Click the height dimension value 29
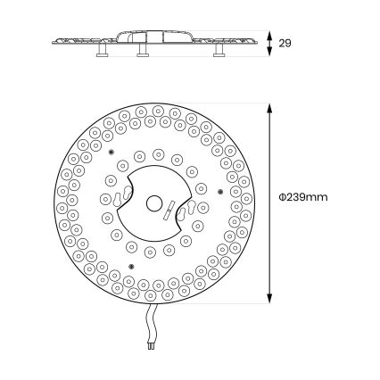pyautogui.click(x=285, y=44)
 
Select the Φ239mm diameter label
pyautogui.click(x=303, y=197)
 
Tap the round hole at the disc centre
pyautogui.click(x=154, y=203)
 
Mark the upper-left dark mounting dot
pyautogui.click(x=112, y=153)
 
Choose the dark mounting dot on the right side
pyautogui.click(x=220, y=192)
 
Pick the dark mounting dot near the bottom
pyautogui.click(x=132, y=266)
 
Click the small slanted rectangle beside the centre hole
pyautogui.click(x=169, y=211)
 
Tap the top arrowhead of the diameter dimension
pyautogui.click(x=269, y=109)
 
